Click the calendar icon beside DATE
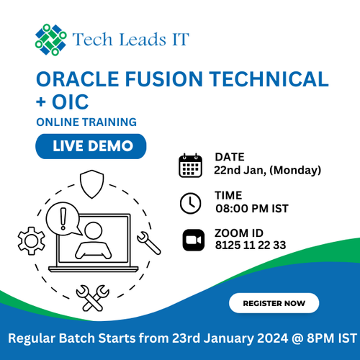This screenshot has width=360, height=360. click(x=191, y=165)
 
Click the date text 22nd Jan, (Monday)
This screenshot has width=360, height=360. click(x=267, y=171)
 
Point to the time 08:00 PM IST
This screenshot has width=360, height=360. click(x=251, y=209)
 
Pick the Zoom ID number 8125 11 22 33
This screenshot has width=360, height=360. click(x=250, y=246)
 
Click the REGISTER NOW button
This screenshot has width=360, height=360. click(x=274, y=304)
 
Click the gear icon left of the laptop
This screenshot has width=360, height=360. click(x=31, y=237)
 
